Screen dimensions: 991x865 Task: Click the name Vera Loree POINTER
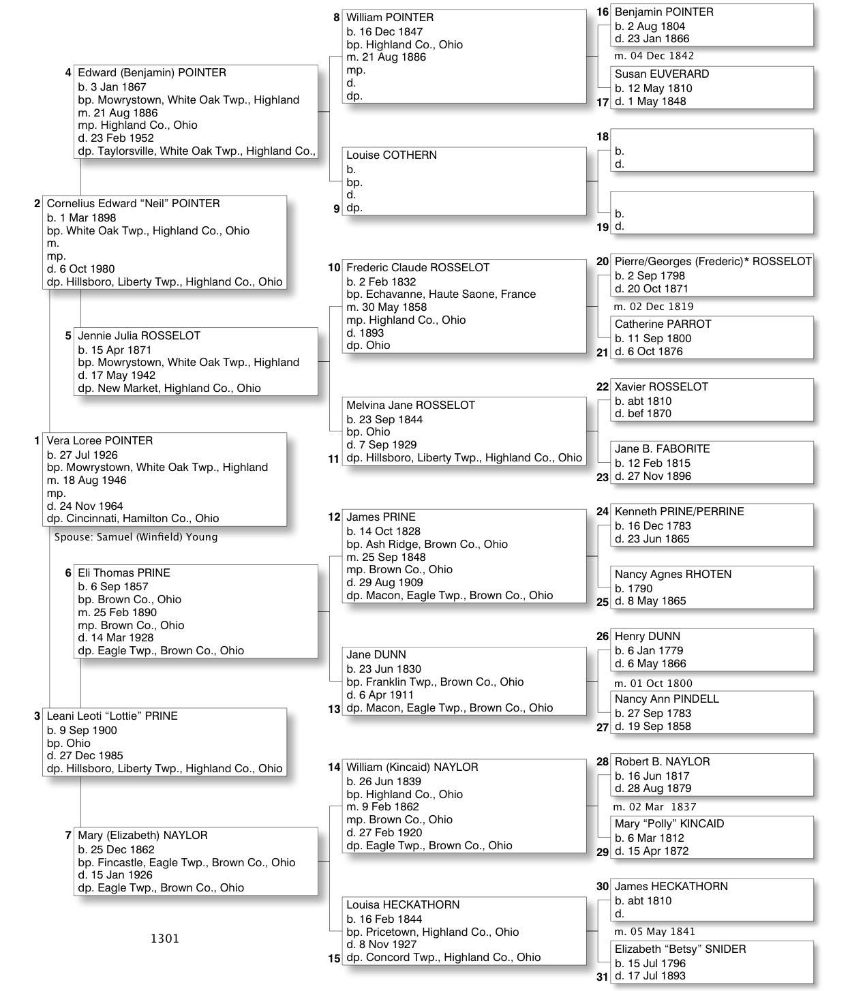pyautogui.click(x=100, y=441)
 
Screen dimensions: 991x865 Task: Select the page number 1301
pyautogui.click(x=165, y=939)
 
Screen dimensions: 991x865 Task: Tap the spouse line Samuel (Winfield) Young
pyautogui.click(x=136, y=537)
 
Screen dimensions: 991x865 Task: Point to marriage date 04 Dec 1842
pyautogui.click(x=654, y=56)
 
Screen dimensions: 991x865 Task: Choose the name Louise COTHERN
pyautogui.click(x=391, y=155)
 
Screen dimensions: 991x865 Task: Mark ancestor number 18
pyautogui.click(x=603, y=137)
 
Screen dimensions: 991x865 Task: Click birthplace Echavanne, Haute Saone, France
pyautogui.click(x=441, y=294)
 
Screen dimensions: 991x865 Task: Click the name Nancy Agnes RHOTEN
pyautogui.click(x=673, y=575)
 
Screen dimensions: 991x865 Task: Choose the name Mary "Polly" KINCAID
pyautogui.click(x=669, y=824)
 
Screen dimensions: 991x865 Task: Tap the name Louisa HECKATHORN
pyautogui.click(x=403, y=905)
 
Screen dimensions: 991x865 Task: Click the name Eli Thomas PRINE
pyautogui.click(x=124, y=573)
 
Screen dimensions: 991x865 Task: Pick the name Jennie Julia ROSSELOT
pyautogui.click(x=139, y=336)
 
